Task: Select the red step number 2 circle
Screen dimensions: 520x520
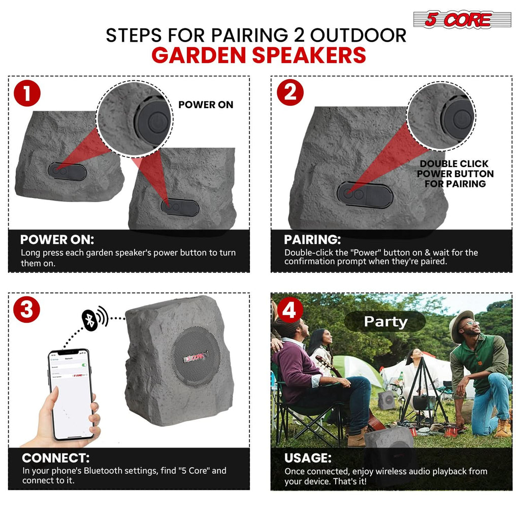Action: click(290, 93)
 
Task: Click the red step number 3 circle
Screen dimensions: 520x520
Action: click(27, 309)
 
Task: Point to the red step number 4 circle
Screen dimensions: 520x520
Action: click(289, 309)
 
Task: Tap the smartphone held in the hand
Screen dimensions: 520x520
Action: click(71, 393)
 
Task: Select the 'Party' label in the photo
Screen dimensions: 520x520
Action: click(385, 321)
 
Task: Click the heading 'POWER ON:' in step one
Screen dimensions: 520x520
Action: click(57, 240)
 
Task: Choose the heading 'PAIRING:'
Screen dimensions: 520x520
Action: click(312, 240)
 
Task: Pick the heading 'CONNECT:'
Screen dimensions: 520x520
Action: click(56, 458)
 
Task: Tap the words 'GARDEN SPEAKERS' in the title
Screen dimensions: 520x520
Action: click(258, 55)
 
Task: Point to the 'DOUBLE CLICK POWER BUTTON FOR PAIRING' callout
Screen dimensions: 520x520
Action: click(455, 174)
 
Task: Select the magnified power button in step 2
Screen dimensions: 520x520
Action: click(457, 120)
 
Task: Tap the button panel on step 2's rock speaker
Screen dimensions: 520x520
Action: click(365, 194)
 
